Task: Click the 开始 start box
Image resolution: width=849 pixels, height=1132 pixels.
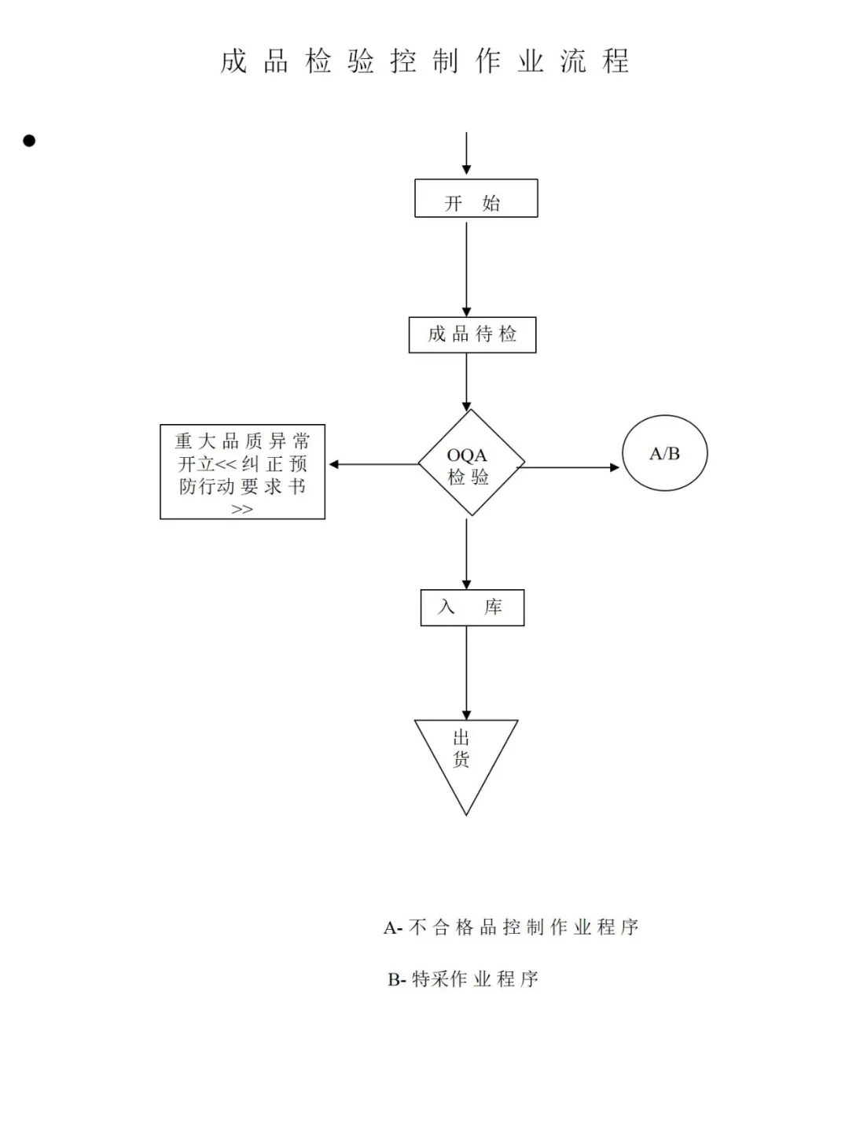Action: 476,198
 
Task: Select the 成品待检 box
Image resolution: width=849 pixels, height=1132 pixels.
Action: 472,335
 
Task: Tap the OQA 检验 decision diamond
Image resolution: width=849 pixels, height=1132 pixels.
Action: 471,464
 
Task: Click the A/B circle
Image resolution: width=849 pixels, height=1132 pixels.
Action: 664,454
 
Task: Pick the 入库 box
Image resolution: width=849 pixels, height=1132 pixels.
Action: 472,607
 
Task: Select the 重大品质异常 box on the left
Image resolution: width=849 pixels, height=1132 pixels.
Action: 242,472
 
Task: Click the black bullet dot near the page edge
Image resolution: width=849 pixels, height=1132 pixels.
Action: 29,141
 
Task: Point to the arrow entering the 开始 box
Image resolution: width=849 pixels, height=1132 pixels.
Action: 466,153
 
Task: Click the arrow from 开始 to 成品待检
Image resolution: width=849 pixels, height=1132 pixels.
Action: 466,267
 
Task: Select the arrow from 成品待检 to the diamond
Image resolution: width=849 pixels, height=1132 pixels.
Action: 466,382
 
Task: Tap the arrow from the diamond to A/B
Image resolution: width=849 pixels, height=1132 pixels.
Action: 568,467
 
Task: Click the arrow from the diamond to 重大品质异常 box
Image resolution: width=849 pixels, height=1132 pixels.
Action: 373,464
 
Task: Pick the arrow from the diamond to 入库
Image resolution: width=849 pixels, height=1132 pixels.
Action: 466,553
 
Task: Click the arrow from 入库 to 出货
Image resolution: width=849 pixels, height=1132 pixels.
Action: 466,673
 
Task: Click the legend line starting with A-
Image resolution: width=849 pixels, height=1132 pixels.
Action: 511,927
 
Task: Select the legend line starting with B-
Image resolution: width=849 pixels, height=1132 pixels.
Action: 463,979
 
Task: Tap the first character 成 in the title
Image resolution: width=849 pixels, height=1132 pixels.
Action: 233,61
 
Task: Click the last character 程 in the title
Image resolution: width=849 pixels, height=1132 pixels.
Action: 616,61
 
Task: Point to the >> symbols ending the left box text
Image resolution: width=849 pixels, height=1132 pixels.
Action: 242,509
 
